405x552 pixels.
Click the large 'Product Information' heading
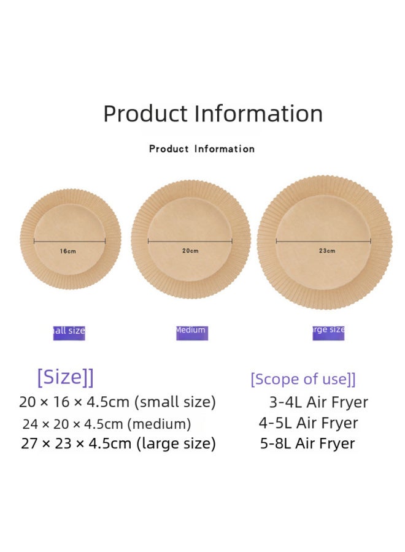212,114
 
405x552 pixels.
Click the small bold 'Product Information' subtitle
202,149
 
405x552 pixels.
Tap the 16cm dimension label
68,251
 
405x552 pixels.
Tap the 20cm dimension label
190,250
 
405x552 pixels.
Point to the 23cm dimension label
327,250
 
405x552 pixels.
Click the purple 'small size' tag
69,332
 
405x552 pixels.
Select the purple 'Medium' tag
191,332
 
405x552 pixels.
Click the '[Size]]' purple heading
65,377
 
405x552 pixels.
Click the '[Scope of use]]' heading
303,379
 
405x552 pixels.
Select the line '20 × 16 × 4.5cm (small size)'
117,402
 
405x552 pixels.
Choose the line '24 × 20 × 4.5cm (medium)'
107,424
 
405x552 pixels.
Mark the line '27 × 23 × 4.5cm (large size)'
118,443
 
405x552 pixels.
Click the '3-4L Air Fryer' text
318,402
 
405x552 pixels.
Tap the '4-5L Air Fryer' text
308,423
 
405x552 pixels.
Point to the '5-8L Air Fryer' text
307,443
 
